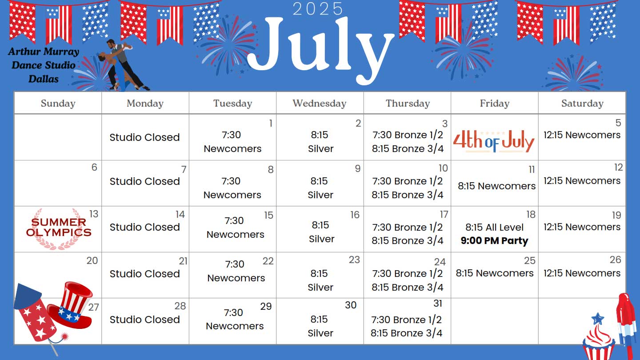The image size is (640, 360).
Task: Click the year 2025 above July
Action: tap(317, 9)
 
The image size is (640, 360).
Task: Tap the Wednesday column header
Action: tap(320, 104)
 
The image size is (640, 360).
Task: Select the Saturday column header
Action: tap(582, 104)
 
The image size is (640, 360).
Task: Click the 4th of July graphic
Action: tap(494, 141)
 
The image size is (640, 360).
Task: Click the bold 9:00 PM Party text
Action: tap(494, 240)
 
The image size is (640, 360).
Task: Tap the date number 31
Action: tap(438, 303)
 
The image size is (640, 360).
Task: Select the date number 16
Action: tap(355, 215)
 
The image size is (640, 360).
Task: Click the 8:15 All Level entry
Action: tap(494, 228)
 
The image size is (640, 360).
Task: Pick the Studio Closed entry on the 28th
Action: tap(144, 320)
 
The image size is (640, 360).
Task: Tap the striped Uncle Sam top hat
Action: tap(70, 305)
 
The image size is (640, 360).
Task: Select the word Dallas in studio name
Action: tap(44, 79)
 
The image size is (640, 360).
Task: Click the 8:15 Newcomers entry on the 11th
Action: tap(496, 186)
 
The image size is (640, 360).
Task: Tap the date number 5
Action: tap(618, 123)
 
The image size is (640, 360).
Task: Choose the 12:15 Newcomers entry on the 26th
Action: tap(582, 273)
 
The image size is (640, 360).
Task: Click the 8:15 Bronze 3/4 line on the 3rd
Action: tap(408, 148)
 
